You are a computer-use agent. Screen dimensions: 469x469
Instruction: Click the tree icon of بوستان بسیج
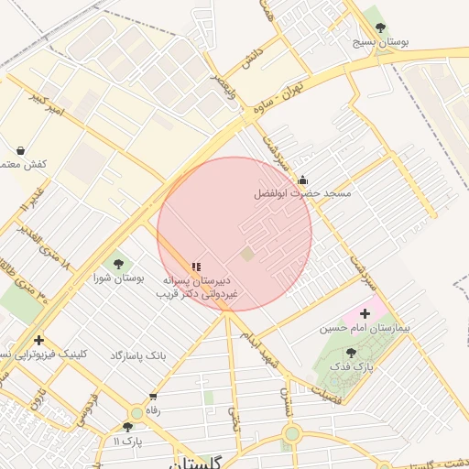click(x=381, y=27)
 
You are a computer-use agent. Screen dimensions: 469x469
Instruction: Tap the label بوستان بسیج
click(x=381, y=42)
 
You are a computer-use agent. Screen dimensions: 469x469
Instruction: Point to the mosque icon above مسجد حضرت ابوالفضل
click(x=302, y=180)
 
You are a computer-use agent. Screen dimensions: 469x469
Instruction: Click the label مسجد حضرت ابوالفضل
click(x=302, y=194)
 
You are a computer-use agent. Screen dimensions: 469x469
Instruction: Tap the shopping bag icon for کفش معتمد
click(x=20, y=149)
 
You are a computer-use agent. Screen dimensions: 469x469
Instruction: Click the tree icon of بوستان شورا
click(x=118, y=264)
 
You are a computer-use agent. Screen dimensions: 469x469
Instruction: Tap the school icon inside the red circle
click(x=196, y=267)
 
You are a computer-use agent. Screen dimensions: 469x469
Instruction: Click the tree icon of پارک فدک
click(x=351, y=352)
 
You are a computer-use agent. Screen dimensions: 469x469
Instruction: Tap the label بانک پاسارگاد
click(x=141, y=354)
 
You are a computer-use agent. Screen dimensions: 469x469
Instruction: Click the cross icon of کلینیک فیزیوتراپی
click(x=38, y=341)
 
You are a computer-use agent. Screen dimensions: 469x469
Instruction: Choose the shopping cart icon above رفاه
click(x=152, y=397)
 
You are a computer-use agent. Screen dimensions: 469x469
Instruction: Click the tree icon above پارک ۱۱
click(x=127, y=427)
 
